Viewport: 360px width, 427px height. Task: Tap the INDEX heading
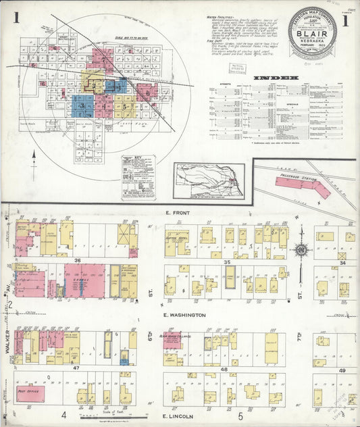pyautogui.click(x=276, y=78)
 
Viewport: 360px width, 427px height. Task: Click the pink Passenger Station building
pyautogui.click(x=303, y=186)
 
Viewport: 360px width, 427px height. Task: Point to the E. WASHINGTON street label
pyautogui.click(x=183, y=315)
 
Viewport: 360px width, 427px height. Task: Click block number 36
pyautogui.click(x=78, y=261)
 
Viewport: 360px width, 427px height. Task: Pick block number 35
pyautogui.click(x=228, y=261)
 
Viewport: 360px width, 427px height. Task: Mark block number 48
pyautogui.click(x=224, y=370)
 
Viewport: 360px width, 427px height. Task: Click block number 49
pyautogui.click(x=342, y=370)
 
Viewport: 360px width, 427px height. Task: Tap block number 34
pyautogui.click(x=342, y=263)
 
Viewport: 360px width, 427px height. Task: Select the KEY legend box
pyautogui.click(x=138, y=177)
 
